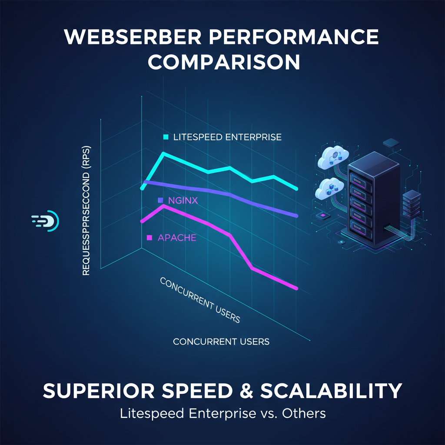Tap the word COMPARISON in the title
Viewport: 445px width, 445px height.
click(x=223, y=62)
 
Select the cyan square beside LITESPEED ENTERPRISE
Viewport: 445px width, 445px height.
click(x=165, y=137)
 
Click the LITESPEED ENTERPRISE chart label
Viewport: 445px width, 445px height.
click(x=227, y=137)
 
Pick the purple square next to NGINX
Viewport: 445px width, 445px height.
click(x=160, y=200)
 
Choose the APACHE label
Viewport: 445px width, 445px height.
click(x=177, y=238)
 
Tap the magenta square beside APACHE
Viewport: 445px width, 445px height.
click(x=149, y=238)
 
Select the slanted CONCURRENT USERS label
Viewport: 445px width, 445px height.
click(x=200, y=300)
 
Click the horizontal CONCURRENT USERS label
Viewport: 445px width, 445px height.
click(x=221, y=342)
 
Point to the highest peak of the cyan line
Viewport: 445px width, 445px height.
click(x=163, y=153)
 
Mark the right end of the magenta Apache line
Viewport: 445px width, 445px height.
click(x=296, y=288)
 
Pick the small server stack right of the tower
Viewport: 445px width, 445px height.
click(x=412, y=204)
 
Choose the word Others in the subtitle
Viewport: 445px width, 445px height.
click(x=304, y=413)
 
